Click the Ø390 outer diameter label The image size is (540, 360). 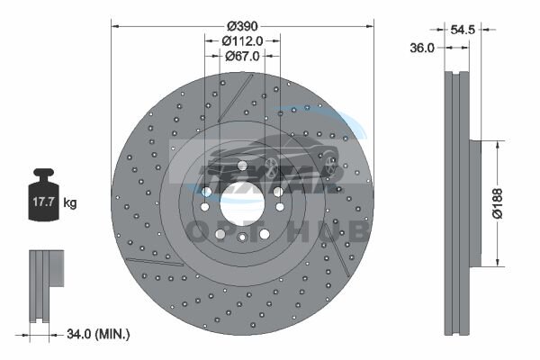242,26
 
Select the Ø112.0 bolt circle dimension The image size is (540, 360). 242,41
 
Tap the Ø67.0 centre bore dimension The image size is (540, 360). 242,56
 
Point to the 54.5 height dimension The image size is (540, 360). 463,30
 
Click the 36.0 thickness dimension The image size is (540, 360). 422,48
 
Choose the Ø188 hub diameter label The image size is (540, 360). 497,203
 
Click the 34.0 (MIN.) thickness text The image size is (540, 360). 98,334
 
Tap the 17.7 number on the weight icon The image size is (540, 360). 43,202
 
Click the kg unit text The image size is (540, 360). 70,202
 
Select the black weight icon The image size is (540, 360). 43,194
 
